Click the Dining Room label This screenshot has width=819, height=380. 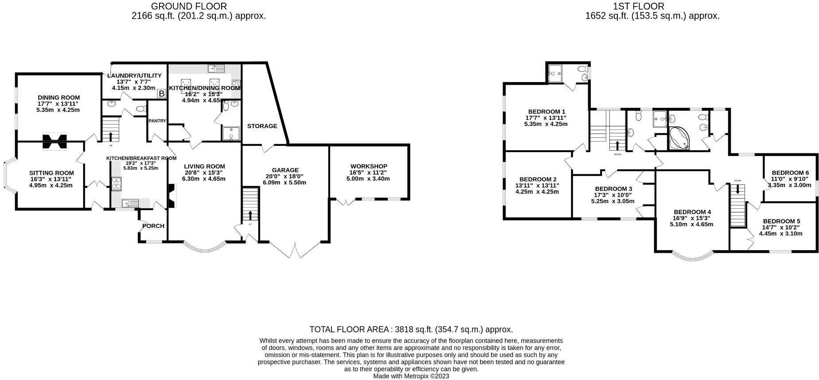point(58,98)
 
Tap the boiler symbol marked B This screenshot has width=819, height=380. point(162,94)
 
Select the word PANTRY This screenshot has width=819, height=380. point(157,121)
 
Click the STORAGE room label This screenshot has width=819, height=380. point(262,126)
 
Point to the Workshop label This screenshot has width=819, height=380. point(368,166)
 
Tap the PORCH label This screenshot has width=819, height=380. point(153,226)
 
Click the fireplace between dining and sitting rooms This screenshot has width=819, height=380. point(55,141)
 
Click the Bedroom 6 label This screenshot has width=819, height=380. point(790,173)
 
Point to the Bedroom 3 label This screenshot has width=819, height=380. point(613,189)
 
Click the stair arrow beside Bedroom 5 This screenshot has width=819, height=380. point(738,189)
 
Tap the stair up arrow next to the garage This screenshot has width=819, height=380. point(251,215)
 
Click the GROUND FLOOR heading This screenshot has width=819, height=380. point(189,6)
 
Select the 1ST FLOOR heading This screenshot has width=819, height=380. point(638,6)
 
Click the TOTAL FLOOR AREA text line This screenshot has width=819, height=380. point(411,329)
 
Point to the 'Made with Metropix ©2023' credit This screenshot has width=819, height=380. point(411,376)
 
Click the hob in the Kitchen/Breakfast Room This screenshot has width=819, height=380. point(117,184)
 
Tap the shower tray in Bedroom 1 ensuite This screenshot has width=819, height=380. point(555,74)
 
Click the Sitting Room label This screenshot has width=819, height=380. point(51,173)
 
